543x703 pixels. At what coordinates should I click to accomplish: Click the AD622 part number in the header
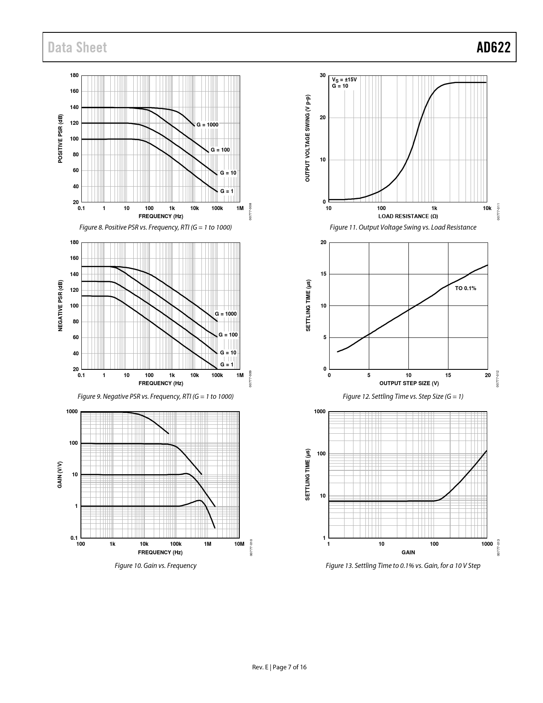pyautogui.click(x=493, y=47)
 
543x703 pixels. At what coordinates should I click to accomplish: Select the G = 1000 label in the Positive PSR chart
pyautogui.click(x=207, y=125)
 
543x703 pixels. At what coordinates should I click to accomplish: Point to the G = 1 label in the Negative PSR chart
pyautogui.click(x=227, y=364)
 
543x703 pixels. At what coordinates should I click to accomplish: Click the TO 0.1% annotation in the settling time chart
pyautogui.click(x=465, y=288)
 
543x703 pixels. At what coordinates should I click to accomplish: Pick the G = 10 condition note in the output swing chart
pyautogui.click(x=340, y=86)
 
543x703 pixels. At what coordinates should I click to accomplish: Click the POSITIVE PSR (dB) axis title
pyautogui.click(x=60, y=138)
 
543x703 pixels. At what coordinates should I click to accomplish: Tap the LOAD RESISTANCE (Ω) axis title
pyautogui.click(x=408, y=216)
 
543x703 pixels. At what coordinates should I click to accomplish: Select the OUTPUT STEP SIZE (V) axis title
pyautogui.click(x=409, y=383)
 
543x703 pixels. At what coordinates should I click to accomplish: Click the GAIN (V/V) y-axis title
pyautogui.click(x=60, y=475)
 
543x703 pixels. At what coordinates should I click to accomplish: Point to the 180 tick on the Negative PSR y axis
pyautogui.click(x=74, y=242)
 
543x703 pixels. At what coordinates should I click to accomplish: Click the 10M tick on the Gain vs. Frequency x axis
pyautogui.click(x=239, y=544)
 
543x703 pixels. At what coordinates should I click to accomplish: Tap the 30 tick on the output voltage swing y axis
pyautogui.click(x=323, y=75)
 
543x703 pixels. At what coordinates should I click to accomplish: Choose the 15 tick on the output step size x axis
pyautogui.click(x=448, y=375)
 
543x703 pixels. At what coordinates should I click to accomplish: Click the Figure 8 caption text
pyautogui.click(x=155, y=228)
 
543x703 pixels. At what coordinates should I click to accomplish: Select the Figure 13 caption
pyautogui.click(x=403, y=566)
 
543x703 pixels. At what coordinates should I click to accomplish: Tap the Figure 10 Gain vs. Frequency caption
pyautogui.click(x=155, y=566)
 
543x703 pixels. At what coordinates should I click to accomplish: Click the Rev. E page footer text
pyautogui.click(x=279, y=667)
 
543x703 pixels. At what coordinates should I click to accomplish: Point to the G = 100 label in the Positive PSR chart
pyautogui.click(x=220, y=150)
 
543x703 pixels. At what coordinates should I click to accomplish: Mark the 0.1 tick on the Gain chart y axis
pyautogui.click(x=74, y=538)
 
